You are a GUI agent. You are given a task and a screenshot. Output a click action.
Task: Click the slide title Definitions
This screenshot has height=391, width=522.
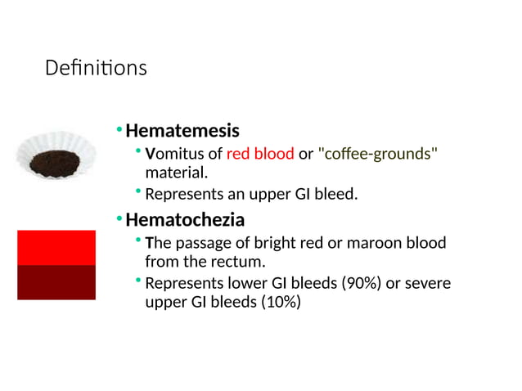point(96,68)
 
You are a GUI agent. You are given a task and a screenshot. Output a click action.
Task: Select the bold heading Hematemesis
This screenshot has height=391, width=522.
point(182,131)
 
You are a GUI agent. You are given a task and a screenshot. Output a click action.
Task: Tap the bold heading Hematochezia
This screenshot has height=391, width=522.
point(185,220)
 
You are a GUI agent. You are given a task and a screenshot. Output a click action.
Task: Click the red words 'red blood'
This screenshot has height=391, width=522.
point(260,155)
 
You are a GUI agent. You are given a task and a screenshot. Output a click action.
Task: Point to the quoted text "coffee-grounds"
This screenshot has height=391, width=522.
point(377,155)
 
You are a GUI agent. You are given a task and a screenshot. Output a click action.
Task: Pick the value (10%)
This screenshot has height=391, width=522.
point(281,302)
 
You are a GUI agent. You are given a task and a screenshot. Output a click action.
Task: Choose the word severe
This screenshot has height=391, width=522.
point(429,283)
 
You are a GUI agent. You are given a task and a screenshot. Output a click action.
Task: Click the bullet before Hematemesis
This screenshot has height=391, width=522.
point(119,130)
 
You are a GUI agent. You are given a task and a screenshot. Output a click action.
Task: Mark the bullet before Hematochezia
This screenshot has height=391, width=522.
point(119,219)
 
